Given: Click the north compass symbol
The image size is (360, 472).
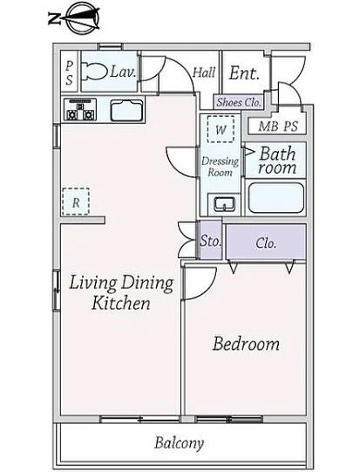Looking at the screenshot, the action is (74, 18).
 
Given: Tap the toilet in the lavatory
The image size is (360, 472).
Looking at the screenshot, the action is (94, 72).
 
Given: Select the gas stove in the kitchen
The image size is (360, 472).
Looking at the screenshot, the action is (80, 110).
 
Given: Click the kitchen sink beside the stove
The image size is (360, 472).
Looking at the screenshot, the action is (126, 111).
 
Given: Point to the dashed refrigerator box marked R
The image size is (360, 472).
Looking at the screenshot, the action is (76, 202).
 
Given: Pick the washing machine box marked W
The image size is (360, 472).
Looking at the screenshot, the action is (221, 129).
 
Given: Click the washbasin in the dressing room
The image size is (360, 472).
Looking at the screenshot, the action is (224, 204).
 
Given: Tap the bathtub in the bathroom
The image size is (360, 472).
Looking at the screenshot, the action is (276, 198).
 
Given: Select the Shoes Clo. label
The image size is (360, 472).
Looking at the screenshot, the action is (239, 102).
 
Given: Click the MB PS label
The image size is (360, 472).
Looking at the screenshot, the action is (278, 127).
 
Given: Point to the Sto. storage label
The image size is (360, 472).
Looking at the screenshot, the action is (211, 241).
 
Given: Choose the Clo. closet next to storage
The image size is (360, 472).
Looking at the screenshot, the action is (266, 243).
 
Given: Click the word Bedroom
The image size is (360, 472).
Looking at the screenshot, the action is (246, 344).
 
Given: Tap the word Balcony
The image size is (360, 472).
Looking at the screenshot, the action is (180, 443).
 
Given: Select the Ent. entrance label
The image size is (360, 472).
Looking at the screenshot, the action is (244, 73).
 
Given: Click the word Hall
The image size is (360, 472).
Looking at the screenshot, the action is (204, 72).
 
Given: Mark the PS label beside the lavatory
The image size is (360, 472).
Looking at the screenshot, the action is (70, 72).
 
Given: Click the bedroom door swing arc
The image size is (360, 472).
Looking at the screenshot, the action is (208, 289).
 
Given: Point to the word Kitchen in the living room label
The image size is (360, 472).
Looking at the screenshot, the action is (121, 303).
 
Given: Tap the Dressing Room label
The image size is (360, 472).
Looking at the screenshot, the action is (221, 167).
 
